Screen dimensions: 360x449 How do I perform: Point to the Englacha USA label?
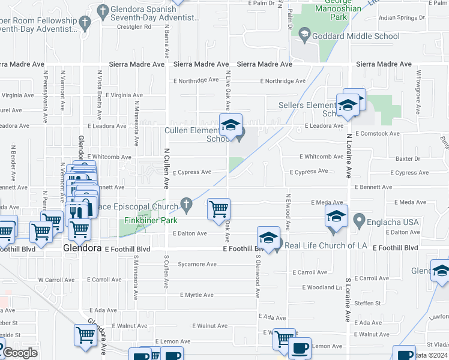pos(394,222)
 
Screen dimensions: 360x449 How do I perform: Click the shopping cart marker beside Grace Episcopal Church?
pos(218,209)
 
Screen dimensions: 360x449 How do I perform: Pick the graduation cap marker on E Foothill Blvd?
pos(269,238)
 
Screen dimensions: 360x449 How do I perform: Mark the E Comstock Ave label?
pos(377,134)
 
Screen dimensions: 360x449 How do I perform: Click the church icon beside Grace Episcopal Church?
pos(187,206)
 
